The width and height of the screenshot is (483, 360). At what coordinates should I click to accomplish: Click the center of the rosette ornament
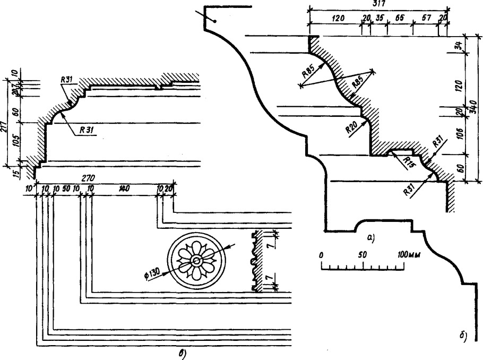pyautogui.click(x=196, y=260)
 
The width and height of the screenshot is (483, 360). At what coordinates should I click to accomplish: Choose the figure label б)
pyautogui.click(x=463, y=335)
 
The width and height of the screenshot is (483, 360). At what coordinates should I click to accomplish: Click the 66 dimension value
pyautogui.click(x=399, y=17)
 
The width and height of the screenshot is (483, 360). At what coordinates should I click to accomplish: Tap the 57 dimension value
pyautogui.click(x=426, y=17)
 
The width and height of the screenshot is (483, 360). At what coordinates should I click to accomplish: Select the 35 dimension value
pyautogui.click(x=379, y=17)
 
